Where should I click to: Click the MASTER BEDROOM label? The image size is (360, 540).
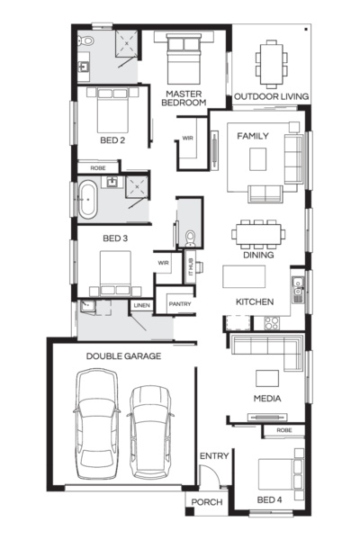tap(184, 98)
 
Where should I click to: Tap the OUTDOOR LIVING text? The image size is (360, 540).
tap(271, 96)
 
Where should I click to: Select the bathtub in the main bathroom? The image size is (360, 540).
tap(87, 201)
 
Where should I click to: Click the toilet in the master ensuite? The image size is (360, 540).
tap(86, 40)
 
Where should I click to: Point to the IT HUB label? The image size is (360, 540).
tap(191, 267)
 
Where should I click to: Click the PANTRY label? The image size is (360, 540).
tap(180, 304)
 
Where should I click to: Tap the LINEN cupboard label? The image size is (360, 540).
tap(141, 305)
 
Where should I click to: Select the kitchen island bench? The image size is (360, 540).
tap(244, 276)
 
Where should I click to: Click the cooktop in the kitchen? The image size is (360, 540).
tap(272, 323)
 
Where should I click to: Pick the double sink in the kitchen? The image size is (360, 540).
tap(298, 290)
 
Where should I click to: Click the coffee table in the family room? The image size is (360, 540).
tap(258, 159)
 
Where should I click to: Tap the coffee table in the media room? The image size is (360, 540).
tap(267, 379)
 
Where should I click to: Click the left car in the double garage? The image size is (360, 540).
tap(97, 424)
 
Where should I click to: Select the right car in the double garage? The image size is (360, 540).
tap(150, 432)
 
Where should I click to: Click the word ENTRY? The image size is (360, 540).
tap(214, 456)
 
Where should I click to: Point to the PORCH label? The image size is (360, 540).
tap(207, 502)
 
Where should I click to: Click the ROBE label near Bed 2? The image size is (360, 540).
tap(98, 168)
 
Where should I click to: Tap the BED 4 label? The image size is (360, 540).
tap(269, 499)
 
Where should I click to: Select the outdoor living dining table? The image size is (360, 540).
tap(271, 64)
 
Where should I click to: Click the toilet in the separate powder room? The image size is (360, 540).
tap(190, 238)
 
